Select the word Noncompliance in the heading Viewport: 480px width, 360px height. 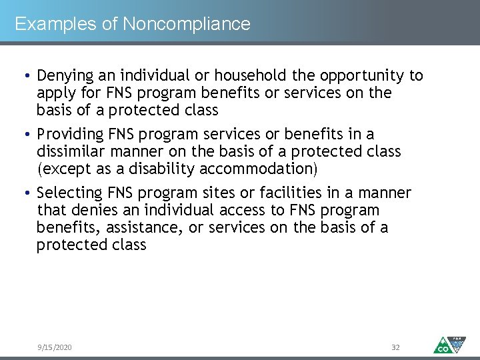click(x=187, y=25)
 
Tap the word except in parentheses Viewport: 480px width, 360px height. click(x=62, y=169)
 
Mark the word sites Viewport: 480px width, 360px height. click(x=196, y=193)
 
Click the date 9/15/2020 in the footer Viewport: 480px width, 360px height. click(x=55, y=347)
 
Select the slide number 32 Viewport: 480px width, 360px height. click(x=395, y=347)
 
